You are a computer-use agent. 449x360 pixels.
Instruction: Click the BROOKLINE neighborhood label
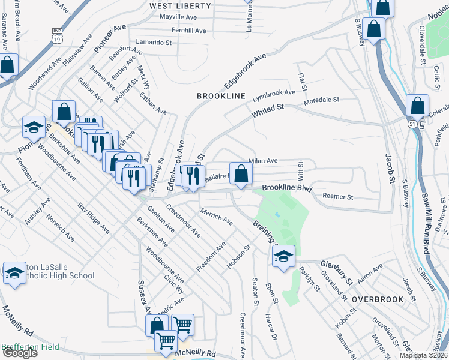(221, 96)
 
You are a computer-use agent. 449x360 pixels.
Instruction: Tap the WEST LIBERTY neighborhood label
(180, 6)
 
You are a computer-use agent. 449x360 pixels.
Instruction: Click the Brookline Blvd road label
(288, 188)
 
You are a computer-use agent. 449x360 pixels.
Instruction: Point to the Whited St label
(268, 109)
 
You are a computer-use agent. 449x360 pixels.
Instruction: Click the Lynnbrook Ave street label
(274, 93)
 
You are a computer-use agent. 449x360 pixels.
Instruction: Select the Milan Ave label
(264, 161)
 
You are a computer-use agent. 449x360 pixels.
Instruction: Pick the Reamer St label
(338, 196)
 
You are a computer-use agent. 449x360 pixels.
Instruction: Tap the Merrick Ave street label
(217, 217)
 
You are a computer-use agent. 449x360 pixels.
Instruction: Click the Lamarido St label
(154, 43)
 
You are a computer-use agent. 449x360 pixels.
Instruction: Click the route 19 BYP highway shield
(57, 35)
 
